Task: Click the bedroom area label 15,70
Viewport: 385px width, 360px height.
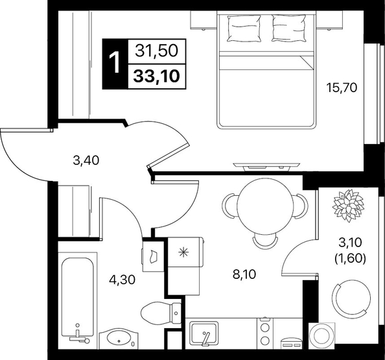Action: pyautogui.click(x=342, y=88)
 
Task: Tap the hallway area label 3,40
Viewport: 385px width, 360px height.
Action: pyautogui.click(x=86, y=160)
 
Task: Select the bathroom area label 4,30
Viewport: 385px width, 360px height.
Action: pyautogui.click(x=122, y=280)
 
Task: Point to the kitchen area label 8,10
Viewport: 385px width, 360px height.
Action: pyautogui.click(x=244, y=274)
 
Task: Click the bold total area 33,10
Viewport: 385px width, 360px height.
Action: pyautogui.click(x=157, y=76)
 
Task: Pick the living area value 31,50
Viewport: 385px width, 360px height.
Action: pyautogui.click(x=157, y=51)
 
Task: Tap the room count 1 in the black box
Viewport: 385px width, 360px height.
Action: pyautogui.click(x=115, y=64)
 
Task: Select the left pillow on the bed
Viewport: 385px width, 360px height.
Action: pyautogui.click(x=244, y=28)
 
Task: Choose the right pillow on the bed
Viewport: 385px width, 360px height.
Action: pyautogui.click(x=289, y=28)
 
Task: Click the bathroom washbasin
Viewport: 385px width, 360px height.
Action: pyautogui.click(x=119, y=339)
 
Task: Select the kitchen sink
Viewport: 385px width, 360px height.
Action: pyautogui.click(x=204, y=334)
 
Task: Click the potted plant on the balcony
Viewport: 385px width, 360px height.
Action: pyautogui.click(x=348, y=206)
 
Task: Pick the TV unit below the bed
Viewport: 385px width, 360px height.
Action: pyautogui.click(x=266, y=166)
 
